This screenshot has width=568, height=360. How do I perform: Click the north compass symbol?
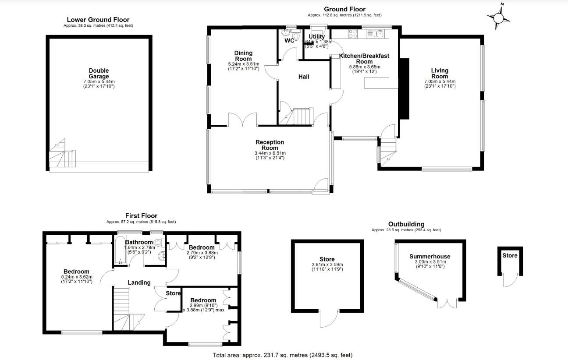(x=499, y=18)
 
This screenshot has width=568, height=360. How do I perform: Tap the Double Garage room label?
(x=99, y=74)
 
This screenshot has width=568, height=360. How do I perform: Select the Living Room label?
(x=440, y=74)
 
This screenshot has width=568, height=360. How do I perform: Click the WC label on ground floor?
(x=290, y=41)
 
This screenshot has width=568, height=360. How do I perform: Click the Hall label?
(x=304, y=77)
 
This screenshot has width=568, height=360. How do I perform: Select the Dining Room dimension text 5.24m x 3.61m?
(x=243, y=64)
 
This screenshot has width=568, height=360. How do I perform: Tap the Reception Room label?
(x=270, y=145)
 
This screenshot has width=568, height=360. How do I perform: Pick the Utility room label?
(x=316, y=37)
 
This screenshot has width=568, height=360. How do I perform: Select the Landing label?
(x=139, y=282)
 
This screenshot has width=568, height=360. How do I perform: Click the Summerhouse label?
(x=430, y=257)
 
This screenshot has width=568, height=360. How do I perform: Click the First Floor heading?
(x=141, y=215)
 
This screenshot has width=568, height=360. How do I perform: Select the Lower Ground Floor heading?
(x=98, y=20)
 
